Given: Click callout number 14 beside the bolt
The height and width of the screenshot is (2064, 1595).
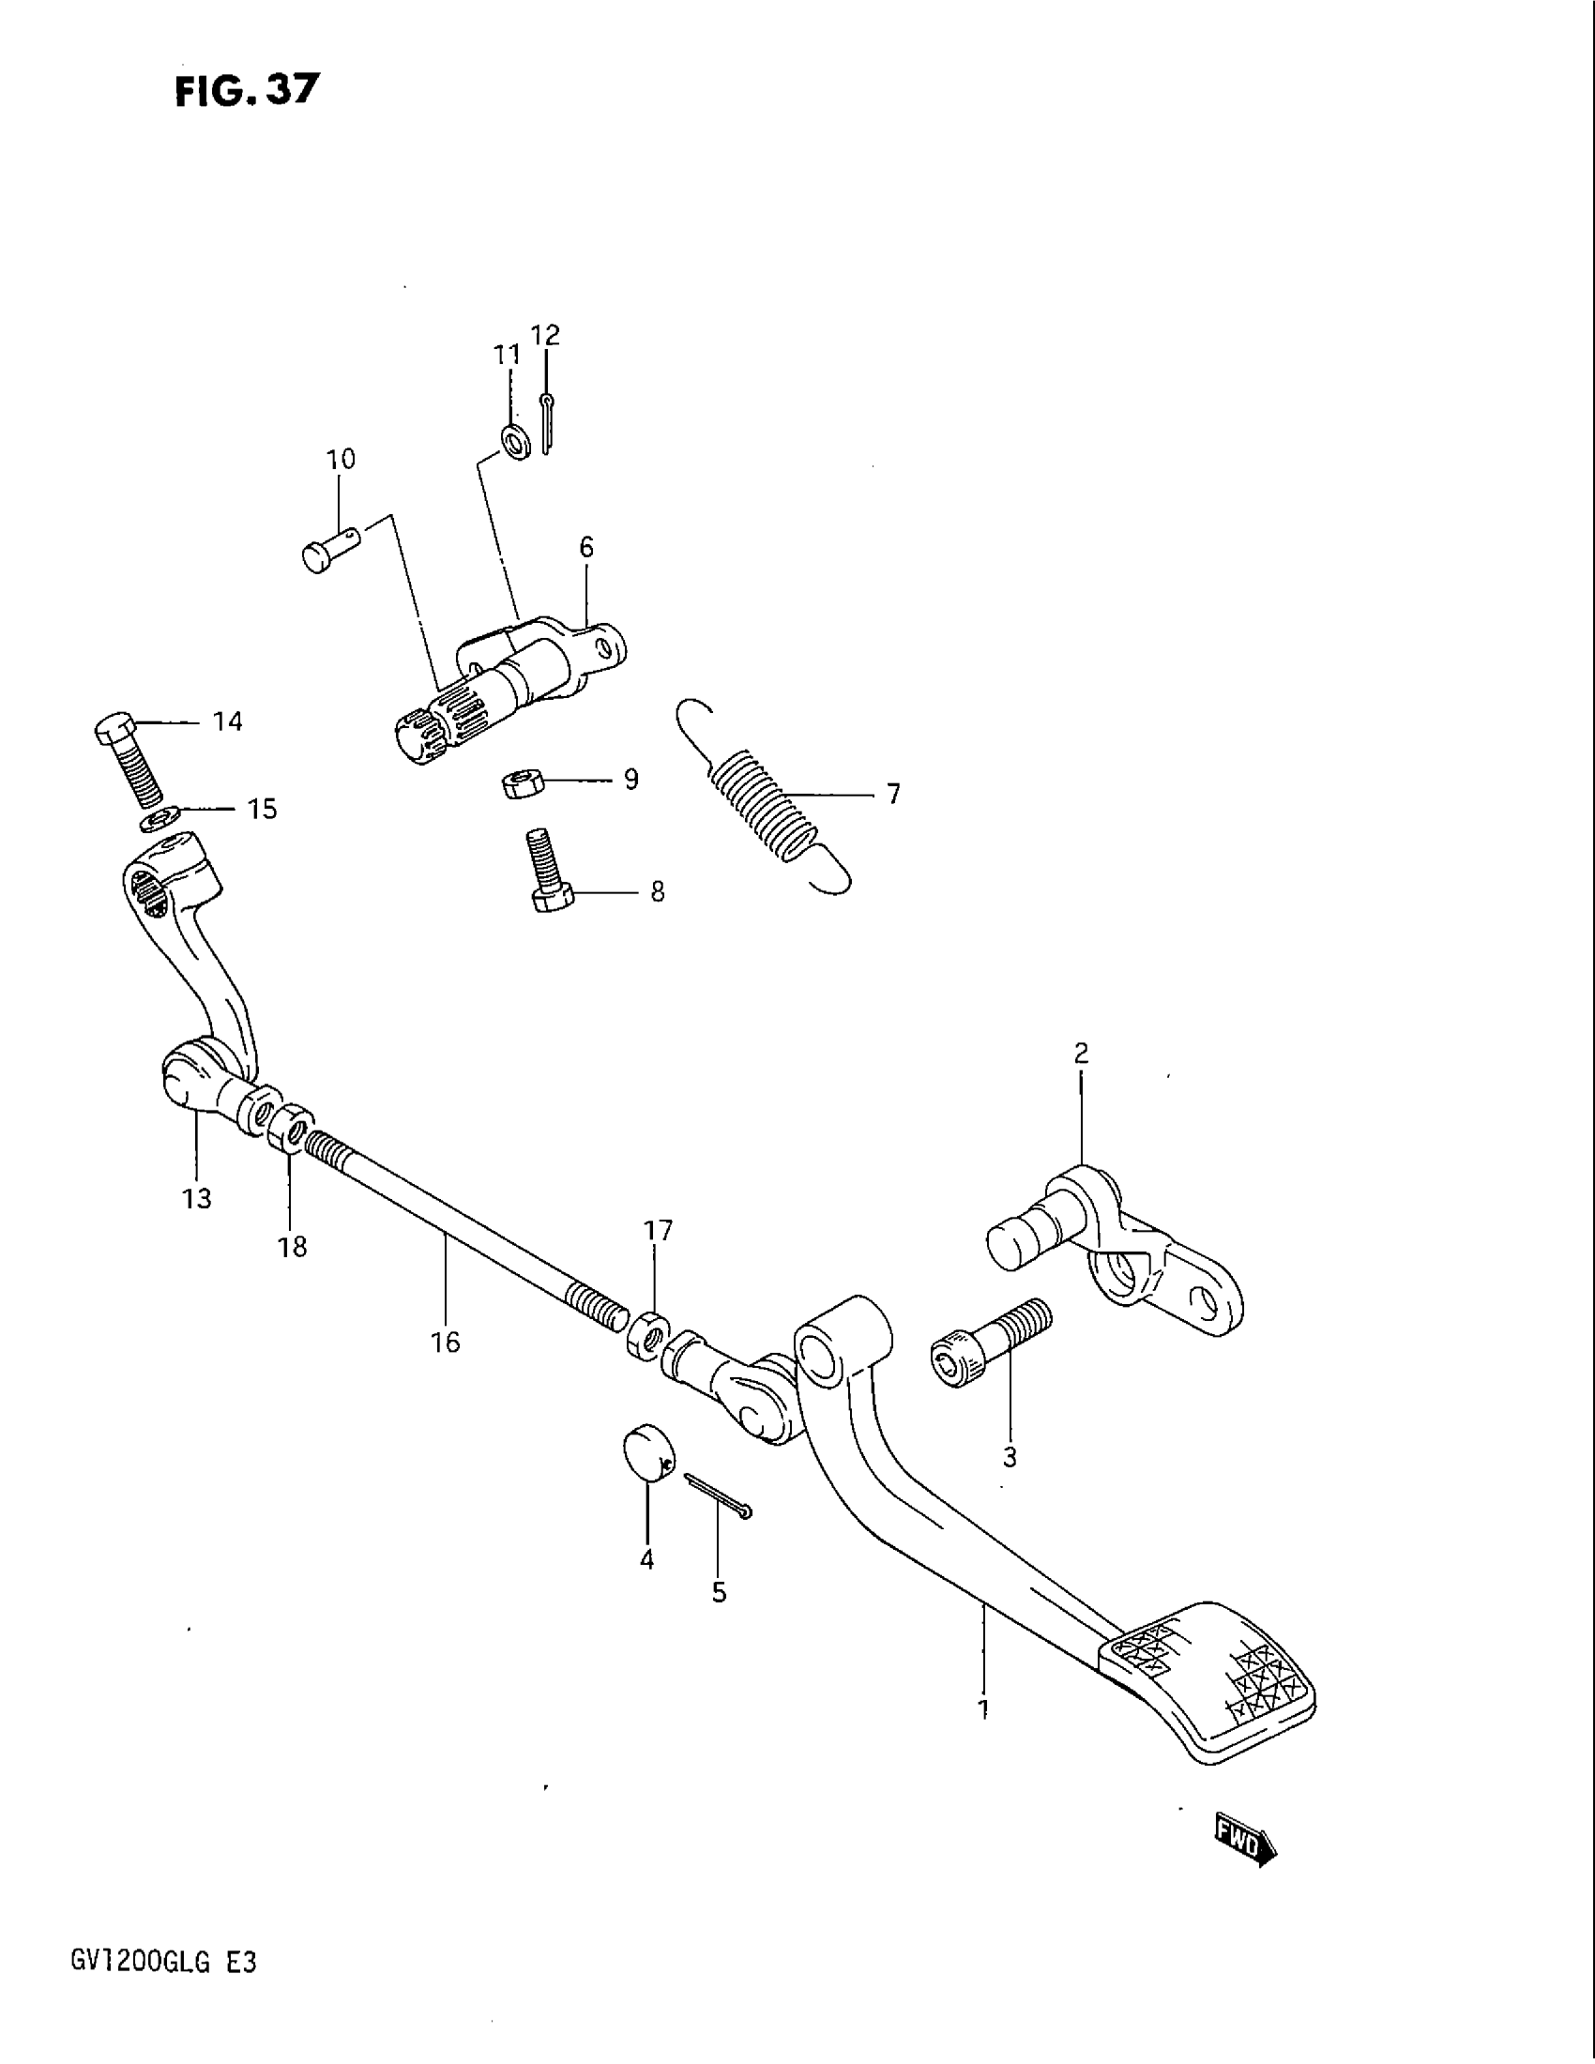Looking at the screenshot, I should [x=228, y=722].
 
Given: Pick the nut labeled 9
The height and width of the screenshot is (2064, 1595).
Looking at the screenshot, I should [x=519, y=783].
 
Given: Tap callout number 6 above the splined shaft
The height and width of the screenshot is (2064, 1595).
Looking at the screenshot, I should [x=585, y=546].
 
